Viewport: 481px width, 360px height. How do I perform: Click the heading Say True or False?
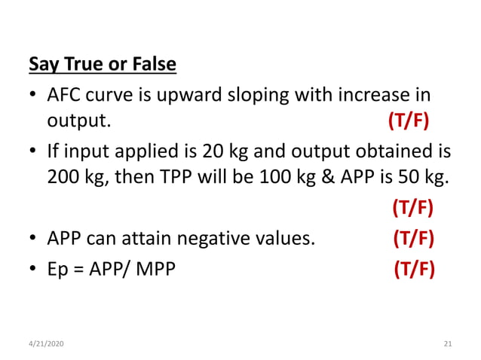coord(103,65)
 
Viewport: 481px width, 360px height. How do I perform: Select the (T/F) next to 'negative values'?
coord(413,239)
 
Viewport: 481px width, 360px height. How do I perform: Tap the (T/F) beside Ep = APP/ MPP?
coord(414,267)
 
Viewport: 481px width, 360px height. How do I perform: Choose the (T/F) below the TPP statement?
coord(413,208)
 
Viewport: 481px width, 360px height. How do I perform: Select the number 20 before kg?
coord(213,151)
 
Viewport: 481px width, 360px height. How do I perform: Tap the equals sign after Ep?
coord(77,268)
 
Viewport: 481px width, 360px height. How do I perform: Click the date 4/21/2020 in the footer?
coord(47,343)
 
